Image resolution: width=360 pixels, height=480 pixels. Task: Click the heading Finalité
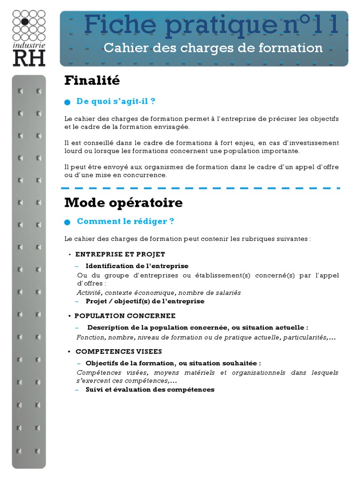pos(92,81)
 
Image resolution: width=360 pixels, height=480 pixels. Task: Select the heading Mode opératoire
pos(123,203)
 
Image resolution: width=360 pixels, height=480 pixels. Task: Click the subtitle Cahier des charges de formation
pos(213,48)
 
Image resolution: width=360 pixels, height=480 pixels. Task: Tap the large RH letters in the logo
pos(29,58)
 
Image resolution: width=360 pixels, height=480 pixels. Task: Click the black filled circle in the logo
pos(25,22)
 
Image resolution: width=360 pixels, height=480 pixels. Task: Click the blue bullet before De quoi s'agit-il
pos(67,102)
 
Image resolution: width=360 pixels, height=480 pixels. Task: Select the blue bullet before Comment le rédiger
pos(67,222)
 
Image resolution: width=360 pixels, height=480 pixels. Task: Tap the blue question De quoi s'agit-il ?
pos(116,101)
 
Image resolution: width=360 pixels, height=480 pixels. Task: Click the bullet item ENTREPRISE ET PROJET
pos(120,255)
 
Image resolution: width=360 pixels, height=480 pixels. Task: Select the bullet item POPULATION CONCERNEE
pos(125,316)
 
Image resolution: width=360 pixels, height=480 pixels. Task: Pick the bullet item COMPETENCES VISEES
pos(119,352)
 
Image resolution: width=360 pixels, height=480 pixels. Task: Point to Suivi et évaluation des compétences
pos(150,390)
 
